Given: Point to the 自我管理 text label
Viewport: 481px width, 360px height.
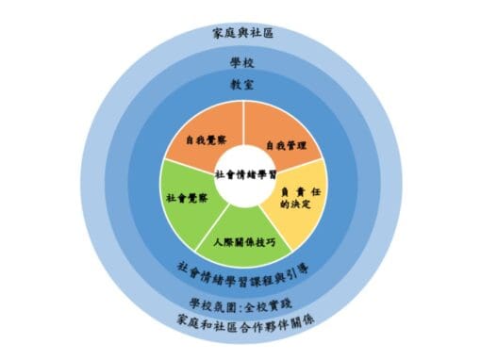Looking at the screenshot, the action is pyautogui.click(x=285, y=146).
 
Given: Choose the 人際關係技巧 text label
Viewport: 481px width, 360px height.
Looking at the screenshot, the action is pyautogui.click(x=245, y=242).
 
